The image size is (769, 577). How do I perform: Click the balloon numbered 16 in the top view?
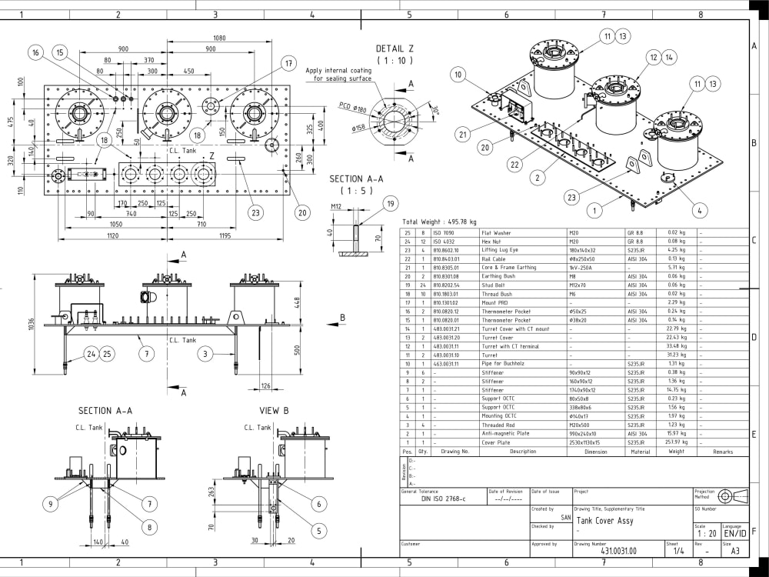[35, 52]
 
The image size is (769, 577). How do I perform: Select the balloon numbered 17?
[288, 63]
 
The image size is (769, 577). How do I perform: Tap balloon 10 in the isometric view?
[458, 75]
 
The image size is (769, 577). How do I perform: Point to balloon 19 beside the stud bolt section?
[390, 204]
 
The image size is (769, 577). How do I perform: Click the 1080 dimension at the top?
[219, 38]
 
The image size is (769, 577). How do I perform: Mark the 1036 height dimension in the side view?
[31, 325]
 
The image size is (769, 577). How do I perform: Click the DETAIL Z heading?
[394, 48]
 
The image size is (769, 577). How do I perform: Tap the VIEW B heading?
[275, 411]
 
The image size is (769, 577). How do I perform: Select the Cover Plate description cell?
[498, 442]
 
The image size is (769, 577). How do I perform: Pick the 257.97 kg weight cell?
[677, 442]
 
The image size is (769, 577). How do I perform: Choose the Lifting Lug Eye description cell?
[500, 250]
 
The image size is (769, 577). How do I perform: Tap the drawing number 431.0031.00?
[619, 551]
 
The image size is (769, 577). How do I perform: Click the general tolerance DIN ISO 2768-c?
[443, 499]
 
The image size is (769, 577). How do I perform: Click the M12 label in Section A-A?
[335, 207]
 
